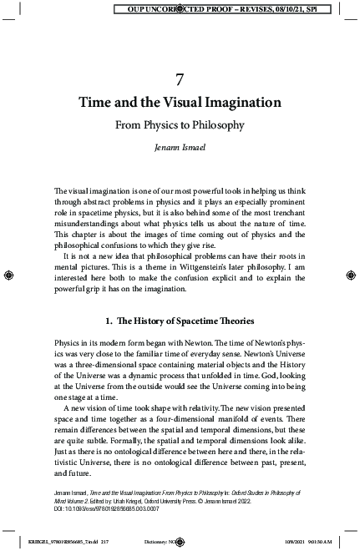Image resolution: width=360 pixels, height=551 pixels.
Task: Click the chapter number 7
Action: [x=180, y=79]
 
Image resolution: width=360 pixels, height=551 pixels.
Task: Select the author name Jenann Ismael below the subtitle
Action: [x=180, y=148]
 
